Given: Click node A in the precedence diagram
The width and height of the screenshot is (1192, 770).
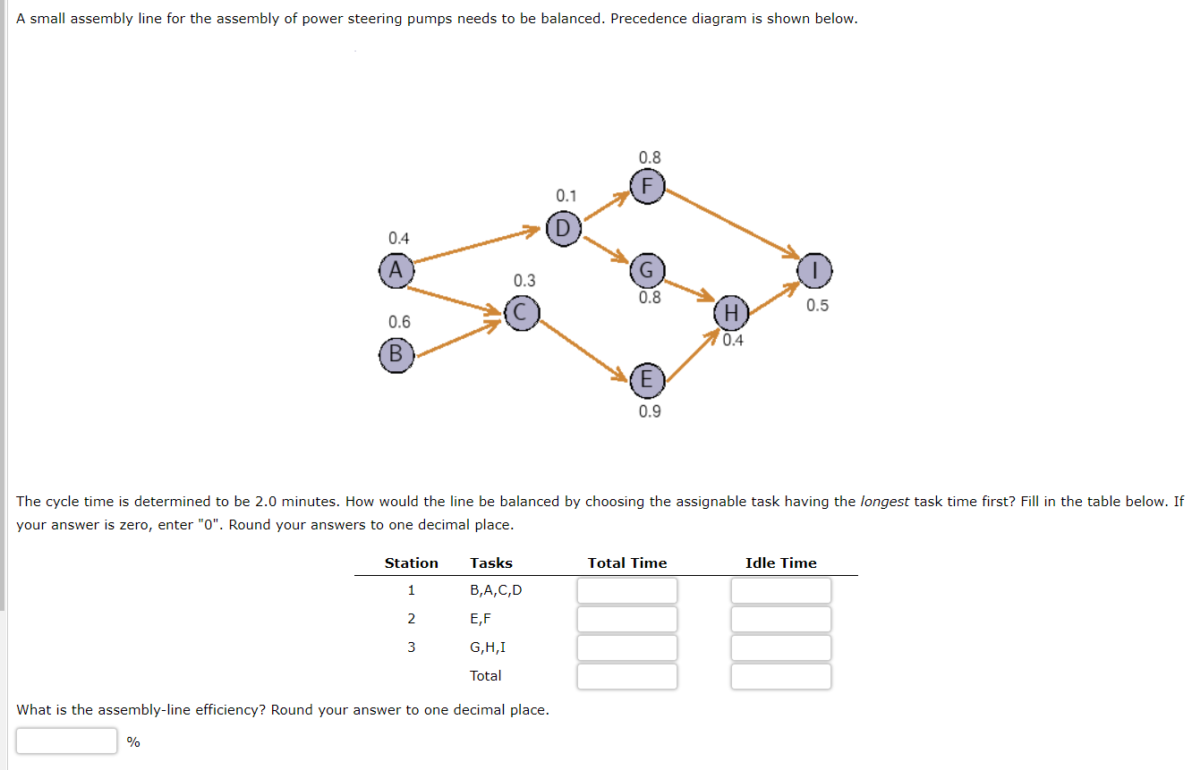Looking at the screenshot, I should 395,269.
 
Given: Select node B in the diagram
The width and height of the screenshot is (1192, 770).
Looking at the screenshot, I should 395,354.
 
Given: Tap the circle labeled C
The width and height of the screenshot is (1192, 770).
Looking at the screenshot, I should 522,313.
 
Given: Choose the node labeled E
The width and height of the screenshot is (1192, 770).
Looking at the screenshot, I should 648,381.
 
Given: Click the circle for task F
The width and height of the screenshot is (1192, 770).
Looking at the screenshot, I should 649,186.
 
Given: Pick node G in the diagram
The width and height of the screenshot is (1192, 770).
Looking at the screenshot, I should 648,270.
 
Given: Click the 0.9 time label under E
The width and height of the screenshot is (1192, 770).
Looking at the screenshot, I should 650,411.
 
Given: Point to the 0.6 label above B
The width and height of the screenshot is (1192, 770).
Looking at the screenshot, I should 399,322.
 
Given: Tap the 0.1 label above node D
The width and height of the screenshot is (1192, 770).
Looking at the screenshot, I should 566,196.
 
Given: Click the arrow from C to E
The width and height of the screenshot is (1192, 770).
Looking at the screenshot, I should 586,349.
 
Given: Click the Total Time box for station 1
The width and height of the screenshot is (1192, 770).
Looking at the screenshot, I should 626,590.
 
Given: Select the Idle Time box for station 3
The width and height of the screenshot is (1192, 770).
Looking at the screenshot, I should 780,647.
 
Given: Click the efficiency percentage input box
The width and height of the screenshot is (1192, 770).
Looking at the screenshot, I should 66,740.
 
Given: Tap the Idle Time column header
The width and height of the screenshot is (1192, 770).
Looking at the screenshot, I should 780,563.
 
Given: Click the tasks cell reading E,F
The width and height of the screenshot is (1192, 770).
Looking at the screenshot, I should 481,619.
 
